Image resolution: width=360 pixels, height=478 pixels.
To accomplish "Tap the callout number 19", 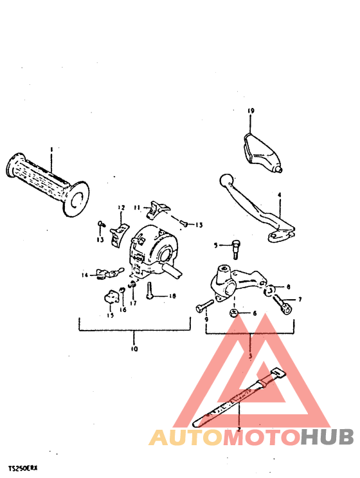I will [x=251, y=111].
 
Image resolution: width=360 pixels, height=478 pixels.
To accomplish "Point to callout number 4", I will [x=280, y=194].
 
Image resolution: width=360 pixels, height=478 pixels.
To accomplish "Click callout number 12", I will [x=120, y=207].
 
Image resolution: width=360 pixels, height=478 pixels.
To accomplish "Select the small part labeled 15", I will [x=113, y=297].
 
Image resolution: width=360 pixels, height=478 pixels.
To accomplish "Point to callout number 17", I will [x=133, y=302].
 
